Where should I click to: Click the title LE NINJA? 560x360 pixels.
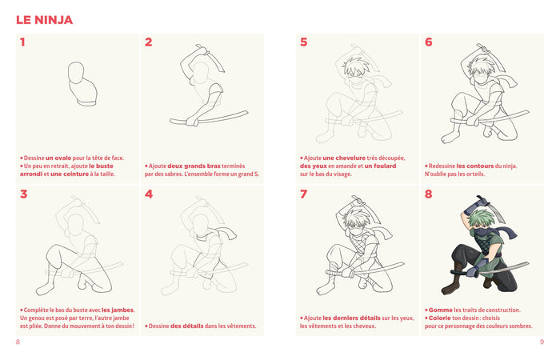click(x=44, y=19)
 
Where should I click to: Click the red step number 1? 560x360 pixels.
click(x=23, y=42)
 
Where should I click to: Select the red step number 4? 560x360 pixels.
click(x=149, y=194)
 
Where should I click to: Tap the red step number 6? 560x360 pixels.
click(x=429, y=42)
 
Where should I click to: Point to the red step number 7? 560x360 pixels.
click(x=303, y=194)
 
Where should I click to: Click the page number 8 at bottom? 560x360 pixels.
click(x=18, y=342)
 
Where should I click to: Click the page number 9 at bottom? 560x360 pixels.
click(x=542, y=342)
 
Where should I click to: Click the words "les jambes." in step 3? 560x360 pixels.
click(x=118, y=310)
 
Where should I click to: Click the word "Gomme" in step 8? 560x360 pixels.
click(x=439, y=310)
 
